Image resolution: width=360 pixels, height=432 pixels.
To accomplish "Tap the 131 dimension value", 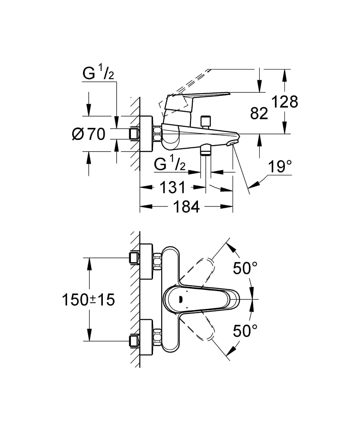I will pos(173,187).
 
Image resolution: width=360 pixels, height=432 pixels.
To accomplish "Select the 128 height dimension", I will pos(285,102).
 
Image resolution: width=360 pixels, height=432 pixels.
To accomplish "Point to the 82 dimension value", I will pos(259,113).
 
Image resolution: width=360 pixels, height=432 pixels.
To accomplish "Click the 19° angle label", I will pos(279,166).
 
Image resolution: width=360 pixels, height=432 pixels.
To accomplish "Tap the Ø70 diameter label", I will pos(89,134).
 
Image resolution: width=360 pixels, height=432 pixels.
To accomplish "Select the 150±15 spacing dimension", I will pos(88,299).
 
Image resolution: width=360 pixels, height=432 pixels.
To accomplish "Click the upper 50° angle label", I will pos(245,268).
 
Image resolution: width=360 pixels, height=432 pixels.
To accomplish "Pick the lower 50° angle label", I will pos(245,331).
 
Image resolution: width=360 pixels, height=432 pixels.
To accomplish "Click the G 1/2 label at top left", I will pos(99,75).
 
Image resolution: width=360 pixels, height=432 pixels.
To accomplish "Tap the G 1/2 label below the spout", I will pos(170,165).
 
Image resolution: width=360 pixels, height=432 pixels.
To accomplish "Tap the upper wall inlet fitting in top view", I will pos(134,258).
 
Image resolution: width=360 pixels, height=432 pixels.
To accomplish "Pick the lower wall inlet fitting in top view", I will pos(134,341).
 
